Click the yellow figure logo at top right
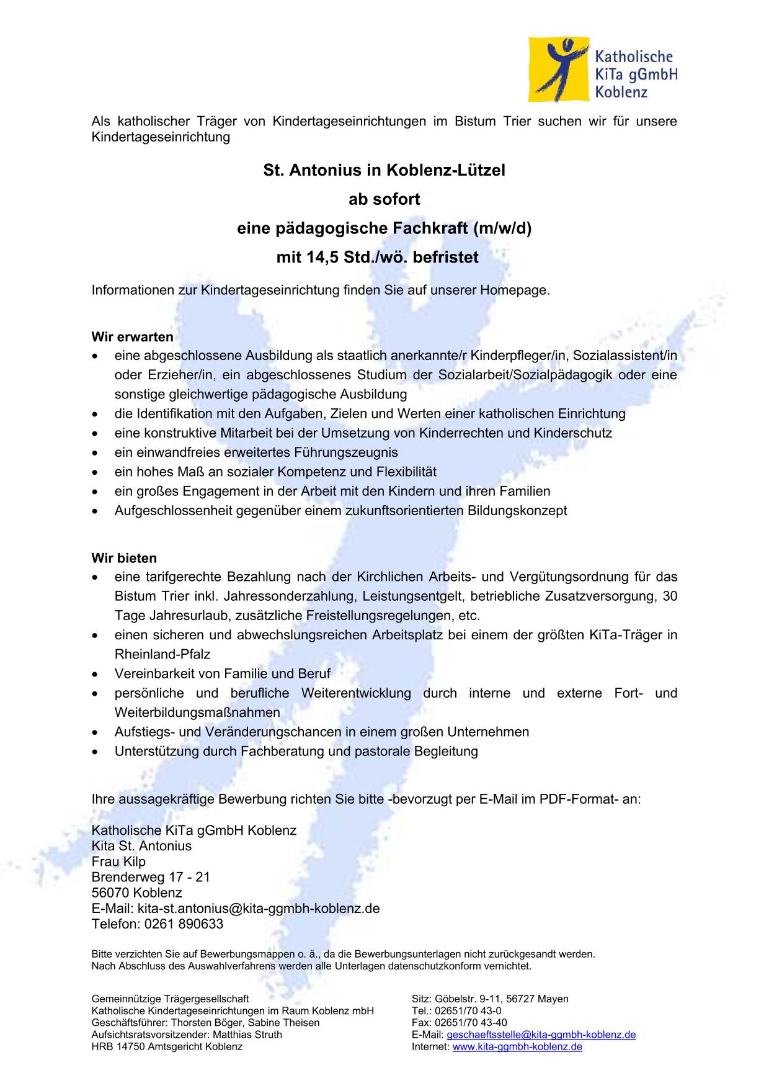point(558,70)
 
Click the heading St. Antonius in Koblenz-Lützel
point(384,170)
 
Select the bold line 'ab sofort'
point(384,199)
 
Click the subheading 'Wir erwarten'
point(132,337)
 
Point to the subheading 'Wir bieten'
point(124,558)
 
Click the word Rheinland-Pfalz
point(162,654)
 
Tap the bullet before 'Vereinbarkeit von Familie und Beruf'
point(94,674)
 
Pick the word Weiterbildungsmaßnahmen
point(197,713)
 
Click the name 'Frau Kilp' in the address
point(118,861)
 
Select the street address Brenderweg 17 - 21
point(151,877)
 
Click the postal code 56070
point(110,893)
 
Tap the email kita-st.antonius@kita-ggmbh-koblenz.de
point(258,909)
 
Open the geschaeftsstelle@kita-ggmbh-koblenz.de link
point(541,1035)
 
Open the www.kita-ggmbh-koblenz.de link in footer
point(517,1046)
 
